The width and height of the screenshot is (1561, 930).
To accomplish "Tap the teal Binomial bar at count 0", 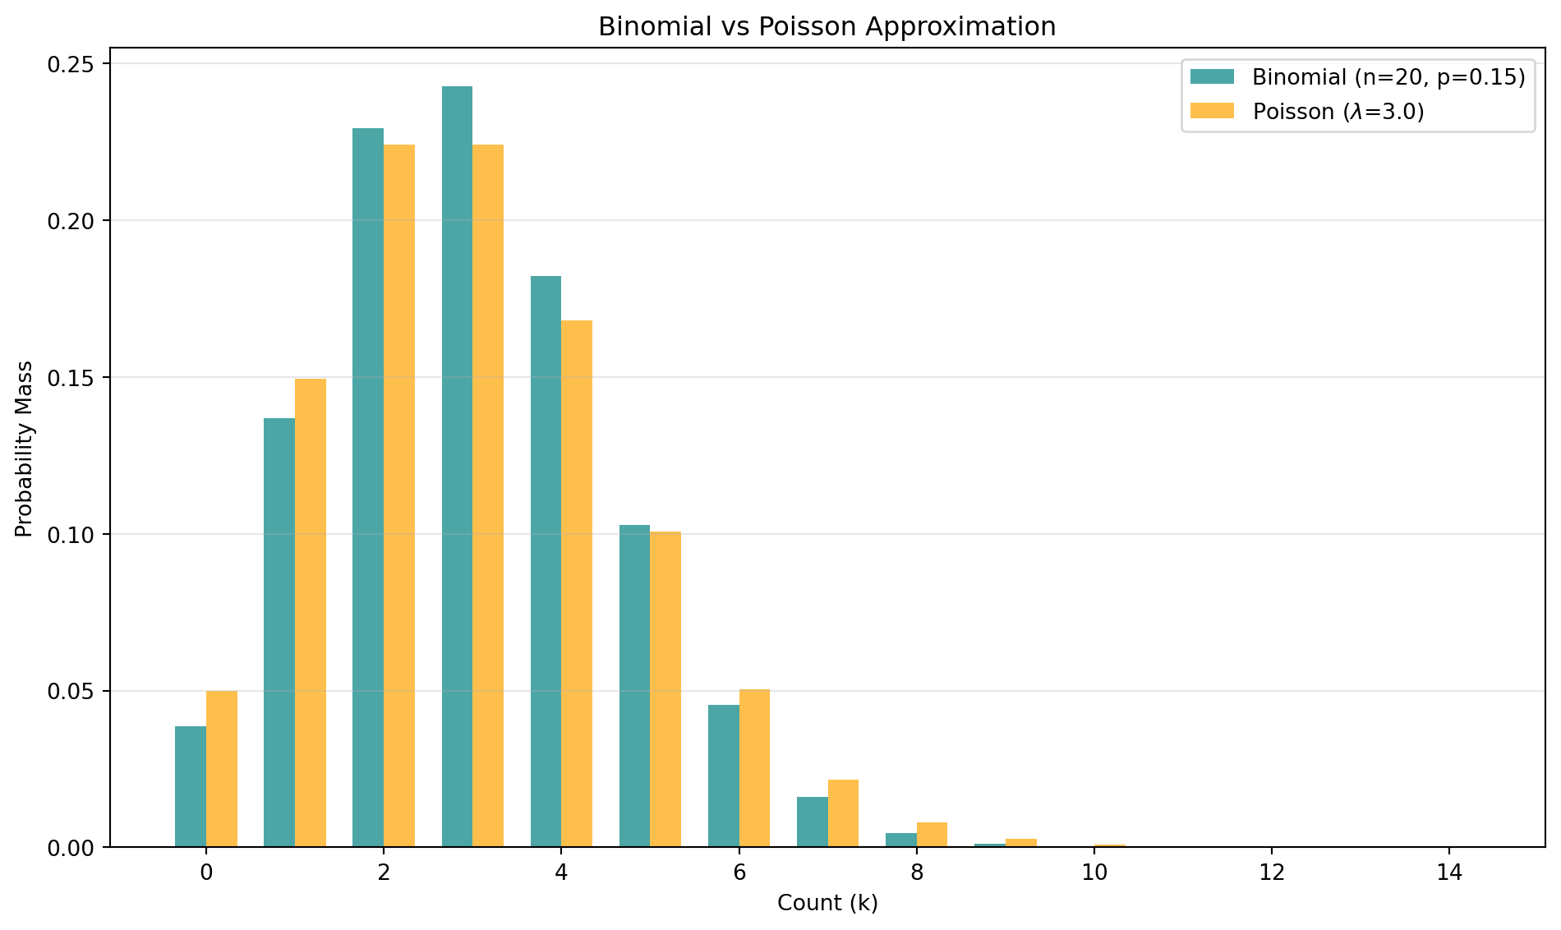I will pyautogui.click(x=191, y=786).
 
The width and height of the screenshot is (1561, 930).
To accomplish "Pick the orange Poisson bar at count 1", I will pyautogui.click(x=311, y=612).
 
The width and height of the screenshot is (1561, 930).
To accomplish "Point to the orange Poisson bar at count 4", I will pyautogui.click(x=577, y=583).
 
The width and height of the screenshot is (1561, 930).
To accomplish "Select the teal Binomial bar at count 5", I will pyautogui.click(x=634, y=686).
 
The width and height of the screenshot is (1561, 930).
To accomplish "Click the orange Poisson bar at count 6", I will pyautogui.click(x=754, y=768).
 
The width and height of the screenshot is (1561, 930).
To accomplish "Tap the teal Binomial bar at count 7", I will pyautogui.click(x=813, y=822).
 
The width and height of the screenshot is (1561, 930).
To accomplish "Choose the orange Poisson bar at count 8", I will pyautogui.click(x=932, y=835).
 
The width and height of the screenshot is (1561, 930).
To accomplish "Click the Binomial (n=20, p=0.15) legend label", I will pyautogui.click(x=1388, y=77).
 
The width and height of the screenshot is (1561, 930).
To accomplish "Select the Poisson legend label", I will pyautogui.click(x=1338, y=112).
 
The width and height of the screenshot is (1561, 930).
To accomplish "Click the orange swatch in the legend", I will pyautogui.click(x=1213, y=111).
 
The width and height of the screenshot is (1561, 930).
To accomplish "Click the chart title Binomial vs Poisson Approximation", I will pyautogui.click(x=827, y=27).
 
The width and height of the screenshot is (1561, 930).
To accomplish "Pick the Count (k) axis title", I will pyautogui.click(x=827, y=904).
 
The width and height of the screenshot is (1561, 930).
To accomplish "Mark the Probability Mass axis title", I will pyautogui.click(x=25, y=449).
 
